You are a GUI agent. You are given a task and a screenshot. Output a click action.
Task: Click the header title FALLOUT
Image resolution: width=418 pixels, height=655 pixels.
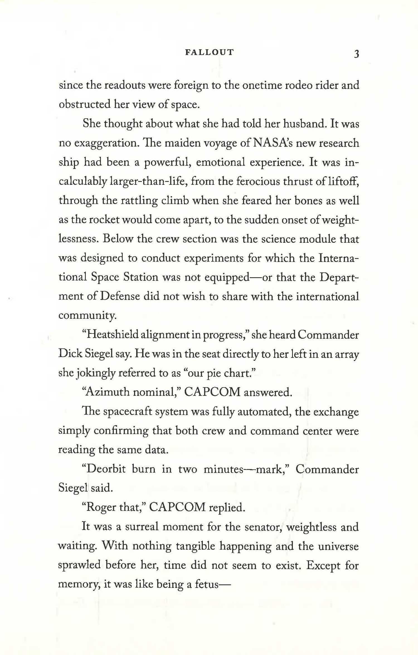coord(209,52)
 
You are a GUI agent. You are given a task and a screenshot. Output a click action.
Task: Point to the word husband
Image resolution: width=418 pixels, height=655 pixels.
coord(303,124)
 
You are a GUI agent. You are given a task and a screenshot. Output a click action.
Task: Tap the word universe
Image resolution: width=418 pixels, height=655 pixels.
coord(337,546)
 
